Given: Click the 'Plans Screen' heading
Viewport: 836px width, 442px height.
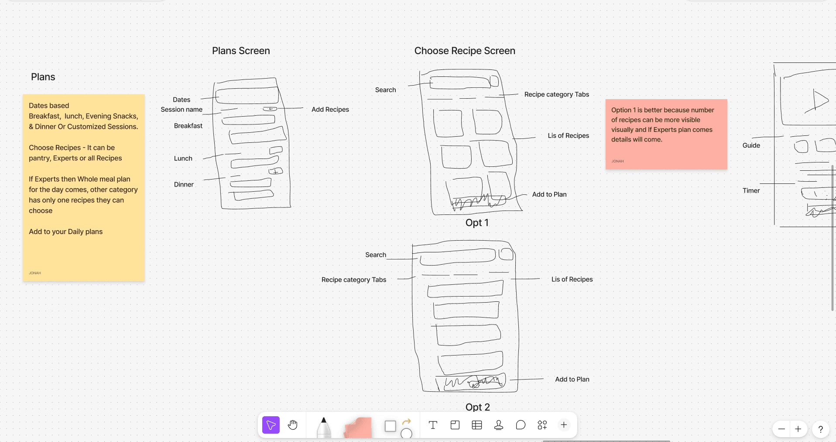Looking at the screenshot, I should [241, 51].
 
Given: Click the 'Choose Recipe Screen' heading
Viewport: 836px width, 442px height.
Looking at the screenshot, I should [465, 51].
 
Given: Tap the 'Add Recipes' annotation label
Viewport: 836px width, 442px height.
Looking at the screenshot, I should [330, 110].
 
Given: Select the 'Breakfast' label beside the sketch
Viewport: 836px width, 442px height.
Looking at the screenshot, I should [188, 126].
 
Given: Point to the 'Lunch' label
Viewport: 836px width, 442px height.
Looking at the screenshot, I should [183, 159].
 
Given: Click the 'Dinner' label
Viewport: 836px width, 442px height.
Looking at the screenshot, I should [184, 185].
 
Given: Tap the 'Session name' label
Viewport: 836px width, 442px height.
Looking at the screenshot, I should [182, 110].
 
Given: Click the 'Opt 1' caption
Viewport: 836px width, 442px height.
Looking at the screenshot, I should [477, 223].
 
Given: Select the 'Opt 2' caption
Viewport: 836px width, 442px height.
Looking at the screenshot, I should [477, 407].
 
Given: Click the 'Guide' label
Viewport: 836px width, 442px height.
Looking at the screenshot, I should [751, 145].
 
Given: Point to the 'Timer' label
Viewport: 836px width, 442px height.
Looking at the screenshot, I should [751, 191].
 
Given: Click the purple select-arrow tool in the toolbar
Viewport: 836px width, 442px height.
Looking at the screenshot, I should [271, 425].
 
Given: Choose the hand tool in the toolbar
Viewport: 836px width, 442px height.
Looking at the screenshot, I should [293, 425].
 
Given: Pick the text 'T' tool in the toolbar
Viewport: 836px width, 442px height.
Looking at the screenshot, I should [433, 425].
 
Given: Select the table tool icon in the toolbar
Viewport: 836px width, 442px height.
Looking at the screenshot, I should [477, 425].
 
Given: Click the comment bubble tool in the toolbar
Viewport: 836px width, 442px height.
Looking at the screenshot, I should [521, 425].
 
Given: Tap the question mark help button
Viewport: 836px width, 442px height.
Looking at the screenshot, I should [820, 429].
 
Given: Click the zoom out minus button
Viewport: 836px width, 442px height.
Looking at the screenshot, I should [781, 429].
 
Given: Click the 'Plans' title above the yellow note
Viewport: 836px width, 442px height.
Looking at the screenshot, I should [43, 77].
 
